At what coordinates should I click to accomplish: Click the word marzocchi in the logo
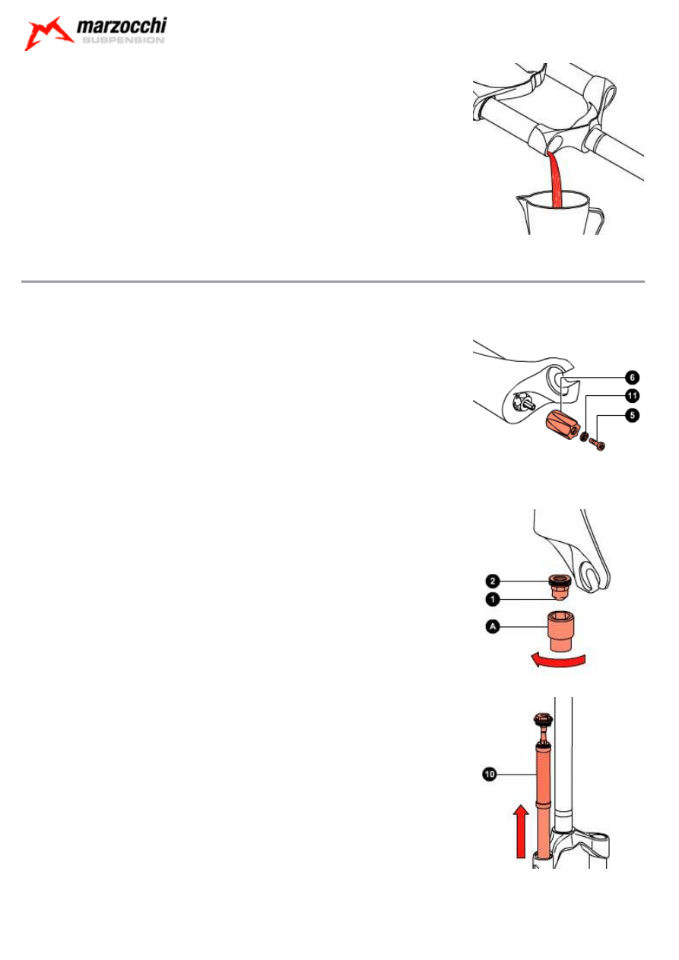pyautogui.click(x=122, y=27)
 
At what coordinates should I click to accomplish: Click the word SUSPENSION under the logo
pyautogui.click(x=123, y=40)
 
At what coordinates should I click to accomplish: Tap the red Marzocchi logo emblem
pyautogui.click(x=48, y=33)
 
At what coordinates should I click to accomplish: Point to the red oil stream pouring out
pyautogui.click(x=555, y=179)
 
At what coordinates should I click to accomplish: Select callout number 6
pyautogui.click(x=632, y=378)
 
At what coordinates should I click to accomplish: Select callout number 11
pyautogui.click(x=632, y=395)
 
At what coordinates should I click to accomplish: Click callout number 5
pyautogui.click(x=632, y=415)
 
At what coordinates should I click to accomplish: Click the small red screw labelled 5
pyautogui.click(x=597, y=444)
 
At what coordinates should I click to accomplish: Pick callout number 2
pyautogui.click(x=493, y=581)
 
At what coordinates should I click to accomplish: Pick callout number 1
pyautogui.click(x=493, y=599)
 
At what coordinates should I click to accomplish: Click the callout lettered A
pyautogui.click(x=493, y=626)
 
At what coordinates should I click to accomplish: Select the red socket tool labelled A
pyautogui.click(x=562, y=632)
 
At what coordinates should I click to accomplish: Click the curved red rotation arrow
pyautogui.click(x=557, y=661)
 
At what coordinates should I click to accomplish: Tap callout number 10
pyautogui.click(x=489, y=774)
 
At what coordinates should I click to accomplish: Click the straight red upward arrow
pyautogui.click(x=521, y=831)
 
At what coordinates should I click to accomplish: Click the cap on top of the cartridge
pyautogui.click(x=542, y=718)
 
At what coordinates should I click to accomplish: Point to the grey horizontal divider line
pyautogui.click(x=332, y=281)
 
